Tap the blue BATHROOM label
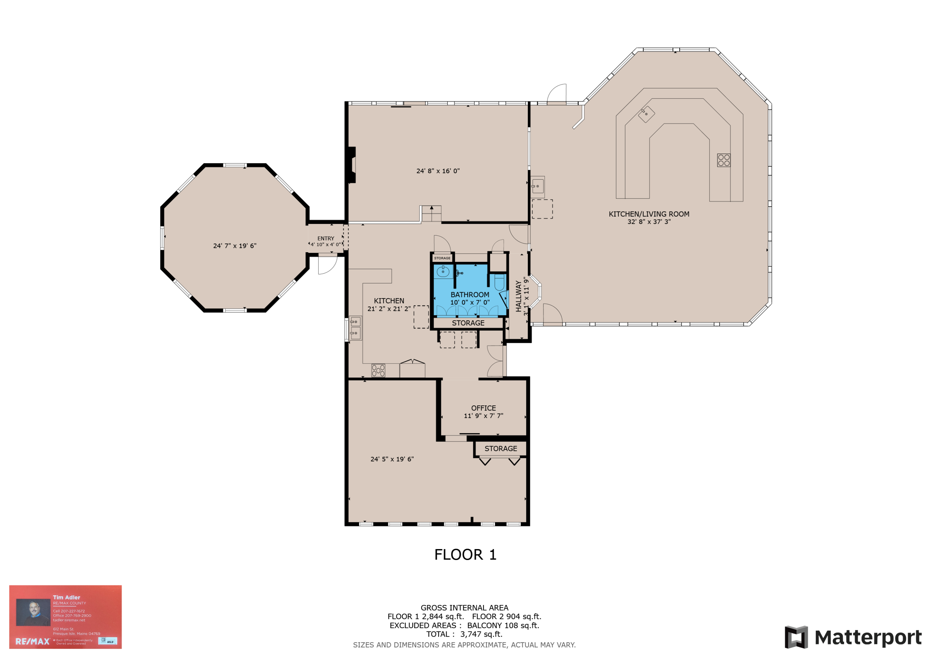pos(470,295)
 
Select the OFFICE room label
pos(483,408)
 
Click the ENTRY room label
pos(326,238)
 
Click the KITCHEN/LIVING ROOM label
pos(649,214)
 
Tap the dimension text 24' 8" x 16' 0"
pos(438,171)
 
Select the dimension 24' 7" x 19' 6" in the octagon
pos(235,246)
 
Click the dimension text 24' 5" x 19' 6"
pos(392,459)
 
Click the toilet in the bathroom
pos(499,282)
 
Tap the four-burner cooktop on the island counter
pos(723,160)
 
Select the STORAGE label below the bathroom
pos(468,323)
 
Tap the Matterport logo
pos(853,637)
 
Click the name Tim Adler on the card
pos(66,597)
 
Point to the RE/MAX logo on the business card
pos(33,641)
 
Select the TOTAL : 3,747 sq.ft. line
pos(464,634)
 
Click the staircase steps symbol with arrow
pos(431,214)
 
